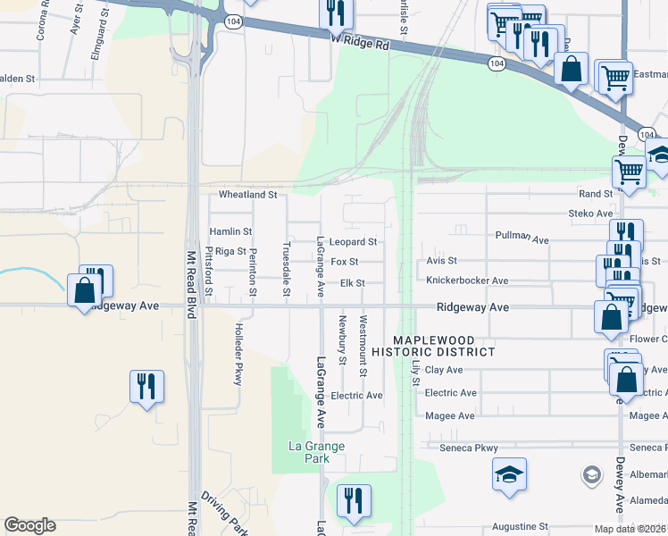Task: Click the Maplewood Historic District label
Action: (445, 346)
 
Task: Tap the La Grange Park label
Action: (310, 452)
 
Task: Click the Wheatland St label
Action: (249, 194)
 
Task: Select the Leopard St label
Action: (353, 242)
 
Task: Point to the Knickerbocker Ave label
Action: (467, 281)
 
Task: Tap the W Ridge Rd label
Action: (362, 41)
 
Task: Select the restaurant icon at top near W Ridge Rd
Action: (337, 13)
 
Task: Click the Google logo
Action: (29, 525)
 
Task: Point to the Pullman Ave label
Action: (522, 238)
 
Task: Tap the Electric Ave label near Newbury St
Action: (356, 396)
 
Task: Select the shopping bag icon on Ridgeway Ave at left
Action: (85, 291)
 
